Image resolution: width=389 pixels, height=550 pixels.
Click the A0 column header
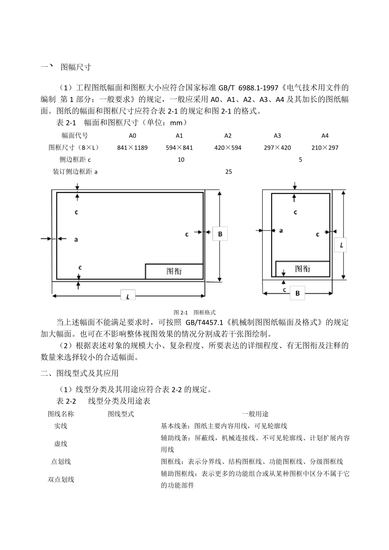pyautogui.click(x=132, y=136)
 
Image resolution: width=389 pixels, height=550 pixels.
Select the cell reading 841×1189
pyautogui.click(x=132, y=147)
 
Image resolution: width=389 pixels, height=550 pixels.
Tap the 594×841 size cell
pyautogui.click(x=179, y=147)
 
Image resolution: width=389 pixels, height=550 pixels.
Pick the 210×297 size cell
pyautogui.click(x=325, y=147)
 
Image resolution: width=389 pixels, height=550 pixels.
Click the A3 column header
pyautogui.click(x=277, y=136)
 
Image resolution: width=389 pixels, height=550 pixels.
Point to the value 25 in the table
pyautogui.click(x=228, y=172)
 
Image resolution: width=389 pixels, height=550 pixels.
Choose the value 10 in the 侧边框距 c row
pyautogui.click(x=181, y=160)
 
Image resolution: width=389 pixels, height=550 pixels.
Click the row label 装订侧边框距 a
pyautogui.click(x=75, y=172)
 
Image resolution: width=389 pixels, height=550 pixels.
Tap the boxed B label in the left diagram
pyautogui.click(x=220, y=234)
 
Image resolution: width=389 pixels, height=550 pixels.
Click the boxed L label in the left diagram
pyautogui.click(x=128, y=296)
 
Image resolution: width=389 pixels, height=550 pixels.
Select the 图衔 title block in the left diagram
pyautogui.click(x=174, y=271)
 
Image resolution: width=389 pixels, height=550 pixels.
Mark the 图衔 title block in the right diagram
pyautogui.click(x=303, y=269)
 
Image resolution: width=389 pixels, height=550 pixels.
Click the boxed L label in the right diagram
pyautogui.click(x=341, y=245)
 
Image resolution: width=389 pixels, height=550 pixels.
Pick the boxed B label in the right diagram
pyautogui.click(x=298, y=293)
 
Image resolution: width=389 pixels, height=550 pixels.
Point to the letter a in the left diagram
pyautogui.click(x=76, y=239)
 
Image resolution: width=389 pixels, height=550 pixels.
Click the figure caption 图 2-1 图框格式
pyautogui.click(x=194, y=312)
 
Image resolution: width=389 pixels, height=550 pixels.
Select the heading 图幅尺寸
pyautogui.click(x=76, y=67)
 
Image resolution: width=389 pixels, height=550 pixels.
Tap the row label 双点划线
pyautogui.click(x=61, y=479)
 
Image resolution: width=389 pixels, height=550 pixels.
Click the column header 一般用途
pyautogui.click(x=255, y=414)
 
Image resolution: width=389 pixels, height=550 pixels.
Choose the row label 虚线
pyautogui.click(x=61, y=444)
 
